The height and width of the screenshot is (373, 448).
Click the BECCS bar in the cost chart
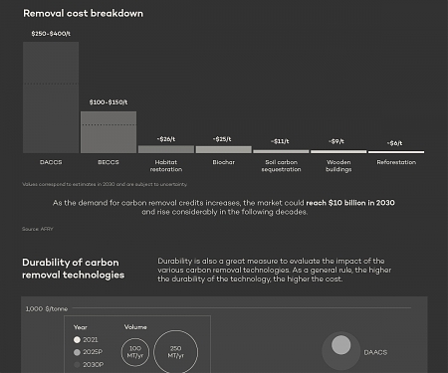point(108,131)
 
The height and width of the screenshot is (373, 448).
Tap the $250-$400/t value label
point(50,34)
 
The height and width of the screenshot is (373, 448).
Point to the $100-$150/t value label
point(108,102)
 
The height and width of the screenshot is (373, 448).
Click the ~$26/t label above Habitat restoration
point(165,138)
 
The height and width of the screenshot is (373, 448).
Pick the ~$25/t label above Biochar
point(223,138)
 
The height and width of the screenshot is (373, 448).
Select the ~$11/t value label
point(281,141)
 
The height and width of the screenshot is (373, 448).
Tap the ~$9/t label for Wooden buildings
point(338,141)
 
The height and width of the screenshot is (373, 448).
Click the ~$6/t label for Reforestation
point(396,143)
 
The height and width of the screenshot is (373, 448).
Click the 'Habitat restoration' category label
point(165,166)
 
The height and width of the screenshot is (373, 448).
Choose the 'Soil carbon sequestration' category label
point(281,166)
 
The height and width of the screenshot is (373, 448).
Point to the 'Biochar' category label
point(223,162)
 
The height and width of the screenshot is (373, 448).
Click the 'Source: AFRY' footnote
point(36,230)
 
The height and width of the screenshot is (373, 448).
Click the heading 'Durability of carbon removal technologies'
point(74,269)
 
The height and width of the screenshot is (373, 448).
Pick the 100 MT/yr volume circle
point(135,353)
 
